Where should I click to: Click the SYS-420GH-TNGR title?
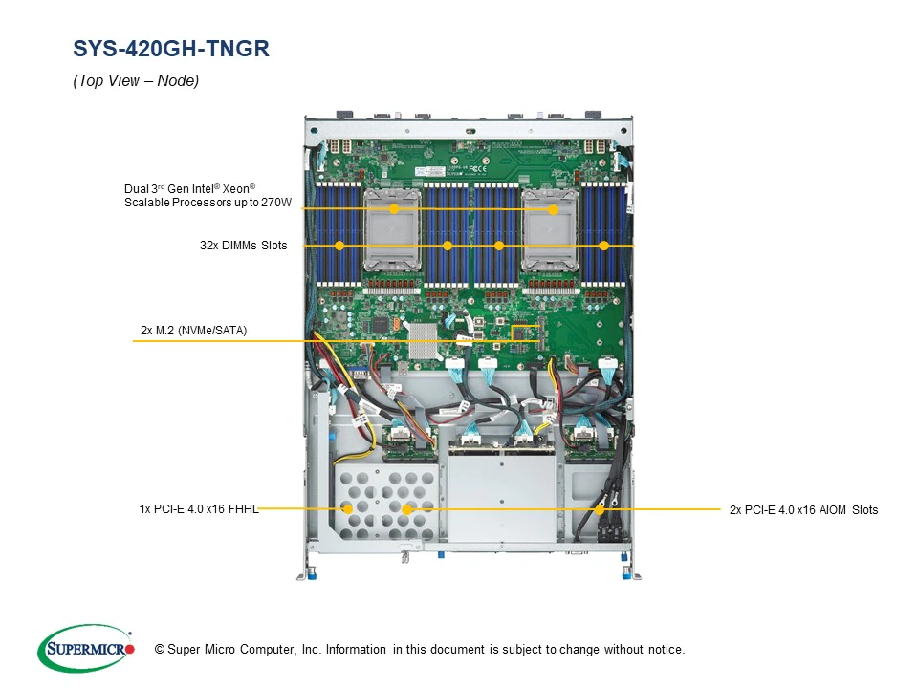click(171, 49)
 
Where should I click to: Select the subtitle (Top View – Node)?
click(136, 81)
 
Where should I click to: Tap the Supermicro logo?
click(86, 649)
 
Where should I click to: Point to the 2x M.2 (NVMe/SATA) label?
click(193, 331)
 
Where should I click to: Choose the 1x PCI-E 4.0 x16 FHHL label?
click(198, 509)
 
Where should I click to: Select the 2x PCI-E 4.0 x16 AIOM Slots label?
click(803, 509)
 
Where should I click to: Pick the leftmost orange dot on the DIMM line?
click(339, 246)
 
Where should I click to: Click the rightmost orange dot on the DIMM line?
click(603, 246)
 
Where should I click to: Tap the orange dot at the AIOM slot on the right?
click(600, 509)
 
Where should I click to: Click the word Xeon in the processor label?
click(235, 188)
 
